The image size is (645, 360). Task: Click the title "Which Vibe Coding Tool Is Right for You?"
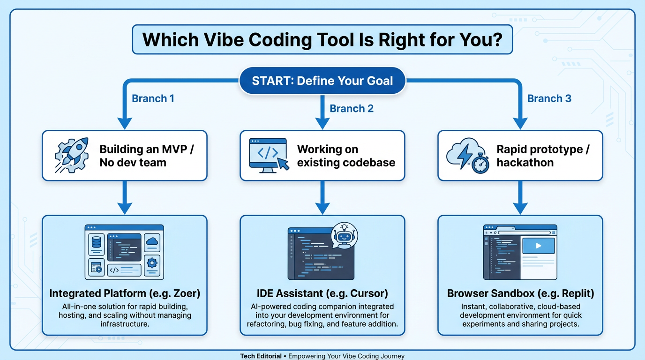pos(322,39)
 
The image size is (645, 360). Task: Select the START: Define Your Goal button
pos(322,81)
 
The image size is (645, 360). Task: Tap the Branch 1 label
pos(153,98)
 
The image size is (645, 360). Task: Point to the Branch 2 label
pos(352,109)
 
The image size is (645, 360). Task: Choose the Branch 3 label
pos(549,98)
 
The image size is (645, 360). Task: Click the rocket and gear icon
pos(71,156)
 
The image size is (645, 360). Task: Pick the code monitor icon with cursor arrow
pos(269,155)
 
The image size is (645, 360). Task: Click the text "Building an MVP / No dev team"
pos(147,156)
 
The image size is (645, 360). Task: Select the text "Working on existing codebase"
pos(346,156)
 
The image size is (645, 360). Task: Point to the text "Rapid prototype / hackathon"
pos(543,156)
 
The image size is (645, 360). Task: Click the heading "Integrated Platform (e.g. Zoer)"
pos(125,294)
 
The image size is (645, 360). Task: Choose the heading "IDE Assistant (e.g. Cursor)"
pos(322,294)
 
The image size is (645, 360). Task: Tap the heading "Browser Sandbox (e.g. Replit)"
pos(520,294)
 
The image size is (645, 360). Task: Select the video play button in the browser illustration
pos(538,246)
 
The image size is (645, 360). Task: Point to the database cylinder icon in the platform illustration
pos(96,242)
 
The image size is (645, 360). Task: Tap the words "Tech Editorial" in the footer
pos(261,356)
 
